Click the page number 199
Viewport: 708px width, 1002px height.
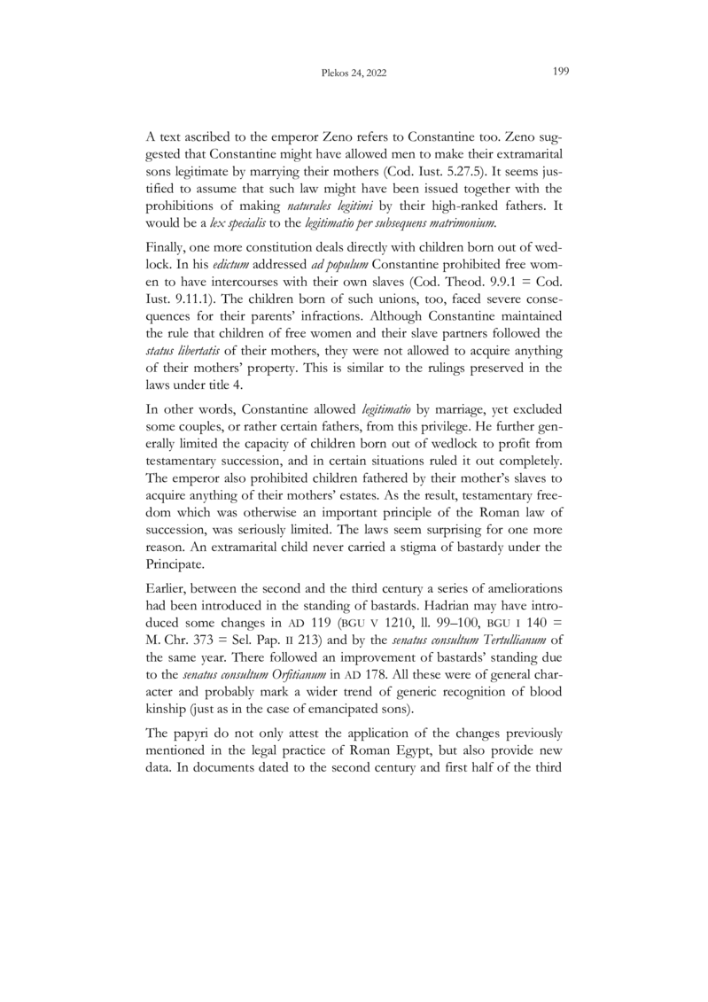coord(559,74)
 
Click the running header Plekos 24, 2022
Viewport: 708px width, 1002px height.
coord(354,75)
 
